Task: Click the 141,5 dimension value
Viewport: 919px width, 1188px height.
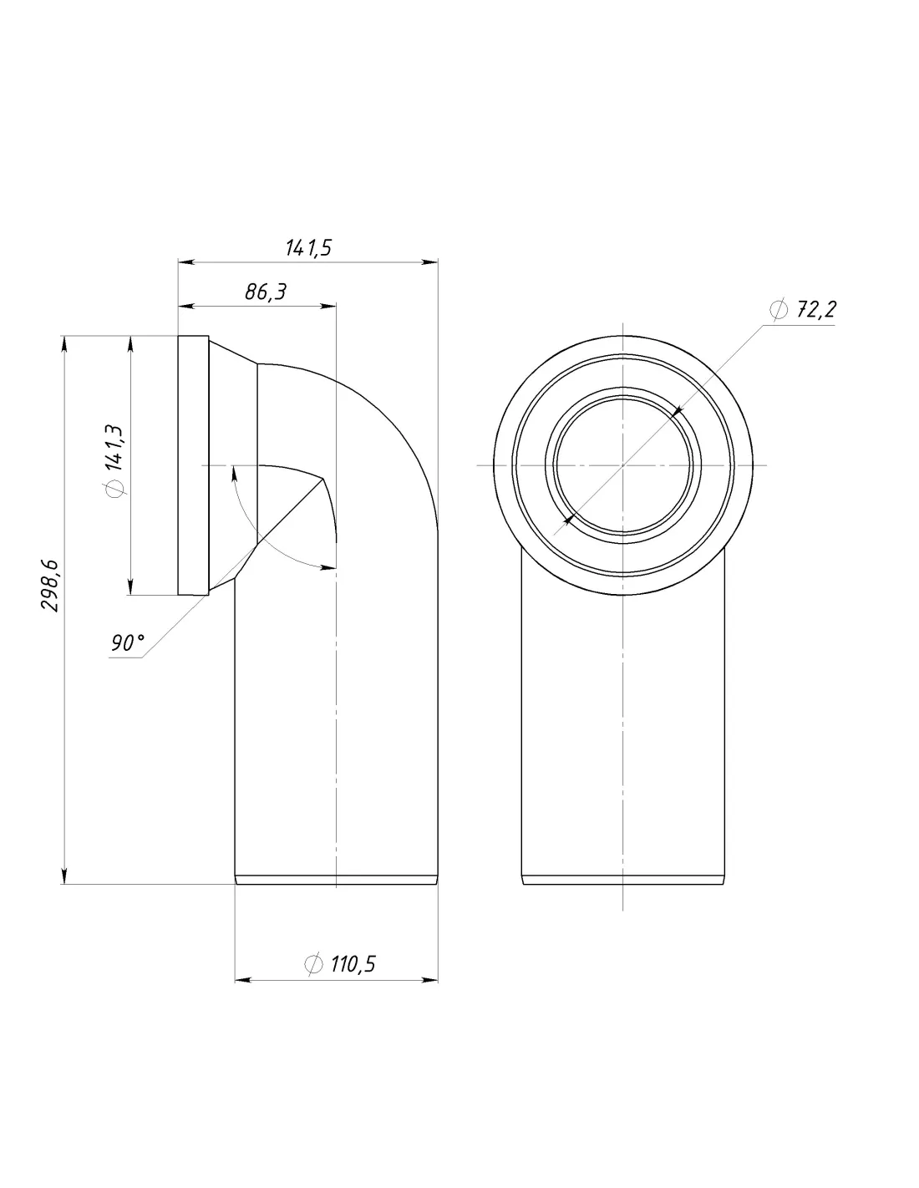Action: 308,247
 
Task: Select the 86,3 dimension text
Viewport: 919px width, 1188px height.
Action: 265,292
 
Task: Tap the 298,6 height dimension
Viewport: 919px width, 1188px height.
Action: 49,586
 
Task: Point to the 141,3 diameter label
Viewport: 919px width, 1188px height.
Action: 114,447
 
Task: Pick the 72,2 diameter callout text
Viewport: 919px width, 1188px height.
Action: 816,309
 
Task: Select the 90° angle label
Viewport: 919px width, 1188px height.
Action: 128,643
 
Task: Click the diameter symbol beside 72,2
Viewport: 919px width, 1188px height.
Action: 779,309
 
